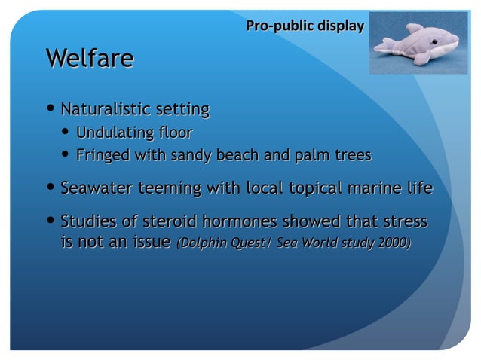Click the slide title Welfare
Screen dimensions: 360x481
(90, 58)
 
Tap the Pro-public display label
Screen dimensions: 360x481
(305, 26)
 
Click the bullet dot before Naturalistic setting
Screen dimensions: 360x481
(51, 110)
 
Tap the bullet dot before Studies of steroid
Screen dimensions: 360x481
(51, 223)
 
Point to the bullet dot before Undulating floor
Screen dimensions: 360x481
(66, 134)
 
